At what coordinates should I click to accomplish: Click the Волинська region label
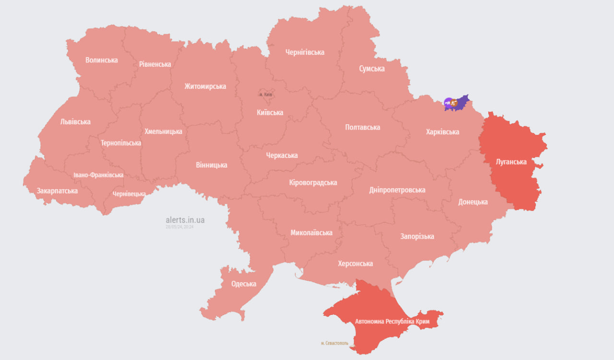102,60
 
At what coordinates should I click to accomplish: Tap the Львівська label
75,121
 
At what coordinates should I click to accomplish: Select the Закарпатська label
57,191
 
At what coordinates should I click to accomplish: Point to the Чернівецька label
129,194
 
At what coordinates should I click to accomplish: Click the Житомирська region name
205,86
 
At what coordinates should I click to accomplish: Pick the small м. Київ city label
265,95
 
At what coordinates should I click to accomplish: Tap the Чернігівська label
305,52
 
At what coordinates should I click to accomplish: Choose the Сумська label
372,69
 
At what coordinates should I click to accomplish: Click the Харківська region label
442,132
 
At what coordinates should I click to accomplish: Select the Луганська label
511,162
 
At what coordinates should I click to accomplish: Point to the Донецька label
473,202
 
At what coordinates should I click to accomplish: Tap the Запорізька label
417,236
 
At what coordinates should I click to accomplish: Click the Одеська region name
244,284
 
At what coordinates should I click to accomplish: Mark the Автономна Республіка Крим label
392,321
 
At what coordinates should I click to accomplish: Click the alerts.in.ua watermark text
185,220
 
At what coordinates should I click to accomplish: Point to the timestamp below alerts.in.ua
179,227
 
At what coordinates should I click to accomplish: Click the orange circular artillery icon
454,102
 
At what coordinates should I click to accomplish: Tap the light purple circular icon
448,102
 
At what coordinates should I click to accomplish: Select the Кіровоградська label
313,182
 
